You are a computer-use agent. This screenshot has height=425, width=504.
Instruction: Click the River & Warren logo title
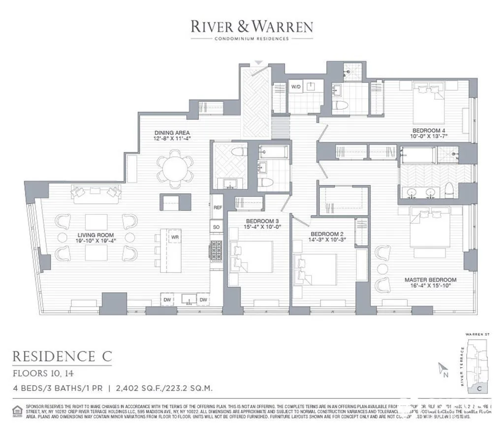pos(252,26)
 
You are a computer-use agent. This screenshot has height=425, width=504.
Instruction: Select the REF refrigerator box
pos(217,208)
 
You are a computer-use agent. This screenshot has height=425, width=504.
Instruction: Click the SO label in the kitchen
pos(217,227)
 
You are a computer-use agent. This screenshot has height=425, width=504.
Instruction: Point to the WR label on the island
pos(175,237)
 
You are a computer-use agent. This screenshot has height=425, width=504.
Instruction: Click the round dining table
pos(175,168)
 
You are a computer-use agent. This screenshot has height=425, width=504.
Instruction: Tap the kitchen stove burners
pos(217,250)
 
